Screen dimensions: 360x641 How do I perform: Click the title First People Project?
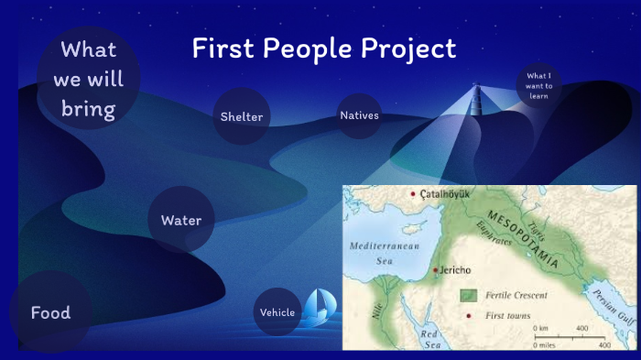coord(323,49)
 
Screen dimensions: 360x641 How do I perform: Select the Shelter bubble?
coord(242,116)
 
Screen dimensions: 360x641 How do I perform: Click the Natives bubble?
coord(359,115)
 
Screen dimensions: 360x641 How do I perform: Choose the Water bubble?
coord(181,220)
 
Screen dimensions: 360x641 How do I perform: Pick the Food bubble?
coord(50,312)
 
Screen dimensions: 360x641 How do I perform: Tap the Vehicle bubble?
coord(277,312)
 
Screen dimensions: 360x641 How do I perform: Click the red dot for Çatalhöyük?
coord(413,194)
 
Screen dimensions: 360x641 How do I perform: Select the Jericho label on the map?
coord(456,271)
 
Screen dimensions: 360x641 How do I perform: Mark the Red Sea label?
coord(429,339)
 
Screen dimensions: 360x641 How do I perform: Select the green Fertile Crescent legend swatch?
coord(468,295)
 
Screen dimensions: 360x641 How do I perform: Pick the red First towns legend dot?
coord(469,315)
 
